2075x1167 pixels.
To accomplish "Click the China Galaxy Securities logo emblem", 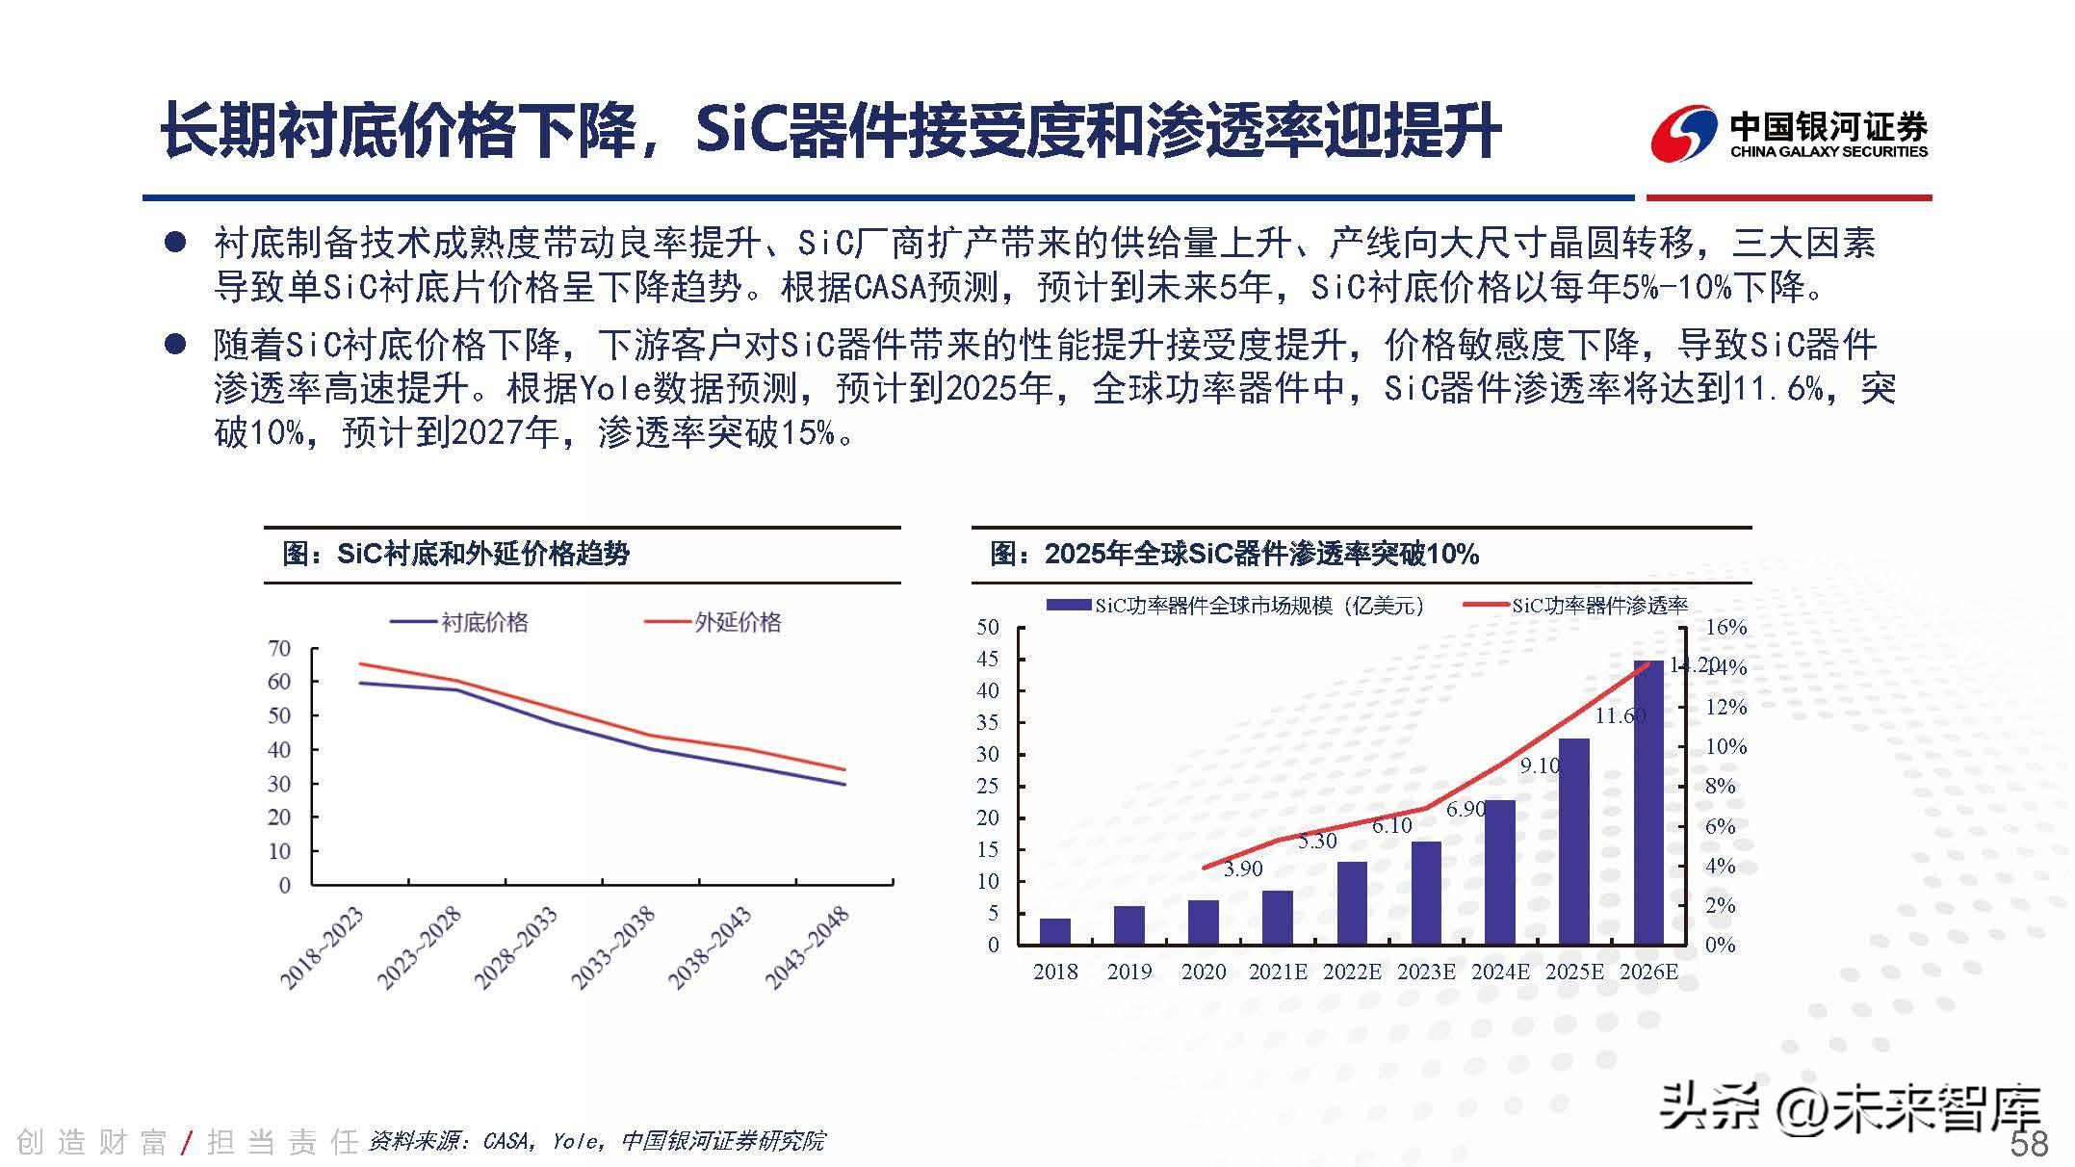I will tap(1684, 135).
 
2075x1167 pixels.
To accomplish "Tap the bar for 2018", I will tap(1055, 931).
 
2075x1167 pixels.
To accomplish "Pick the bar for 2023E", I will tap(1426, 893).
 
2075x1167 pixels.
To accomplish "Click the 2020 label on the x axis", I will tap(1204, 972).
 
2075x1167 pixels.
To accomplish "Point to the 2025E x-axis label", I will tap(1574, 972).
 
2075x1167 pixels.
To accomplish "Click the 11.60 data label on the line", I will tap(1620, 715).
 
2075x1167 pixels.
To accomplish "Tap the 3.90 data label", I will tap(1243, 869).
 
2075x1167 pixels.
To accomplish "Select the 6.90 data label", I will tap(1465, 810).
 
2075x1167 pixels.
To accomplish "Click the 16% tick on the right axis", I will tap(1725, 627).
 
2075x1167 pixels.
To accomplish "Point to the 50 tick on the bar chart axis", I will tap(988, 627).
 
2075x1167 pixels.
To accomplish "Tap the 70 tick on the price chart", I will tap(279, 648).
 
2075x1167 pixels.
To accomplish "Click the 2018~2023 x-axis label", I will tap(322, 947).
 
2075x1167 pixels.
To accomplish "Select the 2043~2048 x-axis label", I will tap(807, 947).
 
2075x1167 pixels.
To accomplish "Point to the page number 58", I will tap(2029, 1144).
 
